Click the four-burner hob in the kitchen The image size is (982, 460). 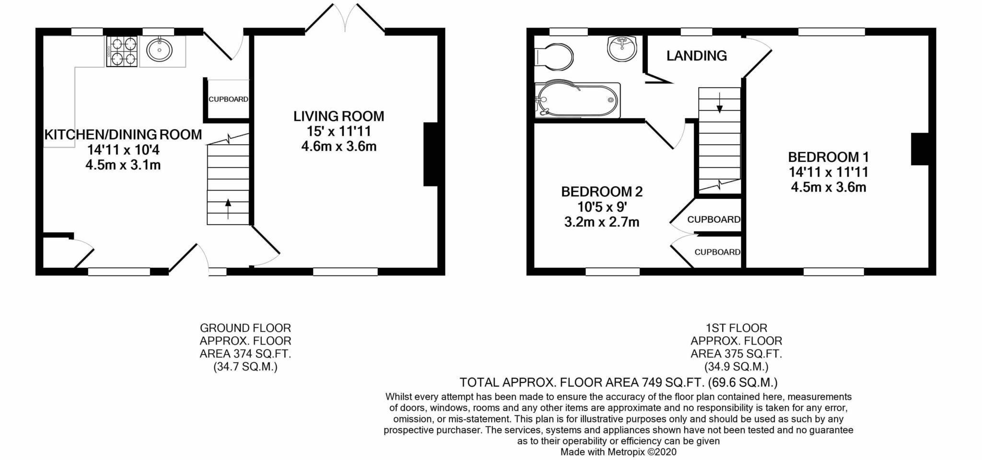[x=121, y=51]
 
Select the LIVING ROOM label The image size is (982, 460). [x=339, y=116]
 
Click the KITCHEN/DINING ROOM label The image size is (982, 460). [x=123, y=135]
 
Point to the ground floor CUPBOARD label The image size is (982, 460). [x=228, y=99]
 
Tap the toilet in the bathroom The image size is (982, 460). [x=554, y=57]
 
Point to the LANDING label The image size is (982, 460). [x=696, y=56]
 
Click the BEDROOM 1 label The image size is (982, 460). [x=828, y=157]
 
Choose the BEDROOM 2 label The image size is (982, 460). [x=601, y=192]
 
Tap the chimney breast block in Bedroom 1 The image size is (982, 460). [x=920, y=149]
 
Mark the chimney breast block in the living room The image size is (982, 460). [x=430, y=154]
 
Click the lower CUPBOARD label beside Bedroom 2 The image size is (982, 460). [x=717, y=252]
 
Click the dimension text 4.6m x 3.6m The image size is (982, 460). [x=339, y=146]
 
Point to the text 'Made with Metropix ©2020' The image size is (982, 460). [x=618, y=452]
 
